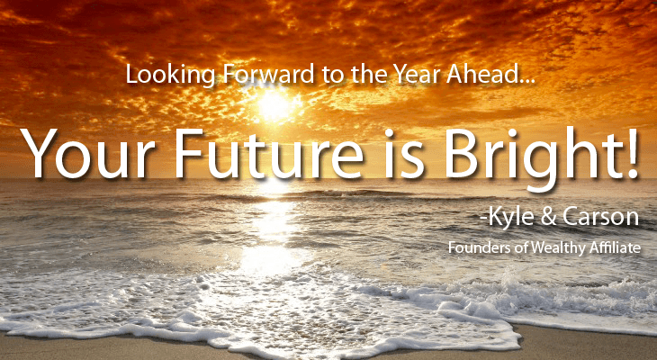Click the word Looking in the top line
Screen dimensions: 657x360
click(x=171, y=76)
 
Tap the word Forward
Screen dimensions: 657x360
click(x=268, y=74)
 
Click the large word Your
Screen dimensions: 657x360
click(x=91, y=153)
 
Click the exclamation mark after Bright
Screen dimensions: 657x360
click(x=631, y=153)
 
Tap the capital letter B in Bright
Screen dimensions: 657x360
click(x=462, y=153)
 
